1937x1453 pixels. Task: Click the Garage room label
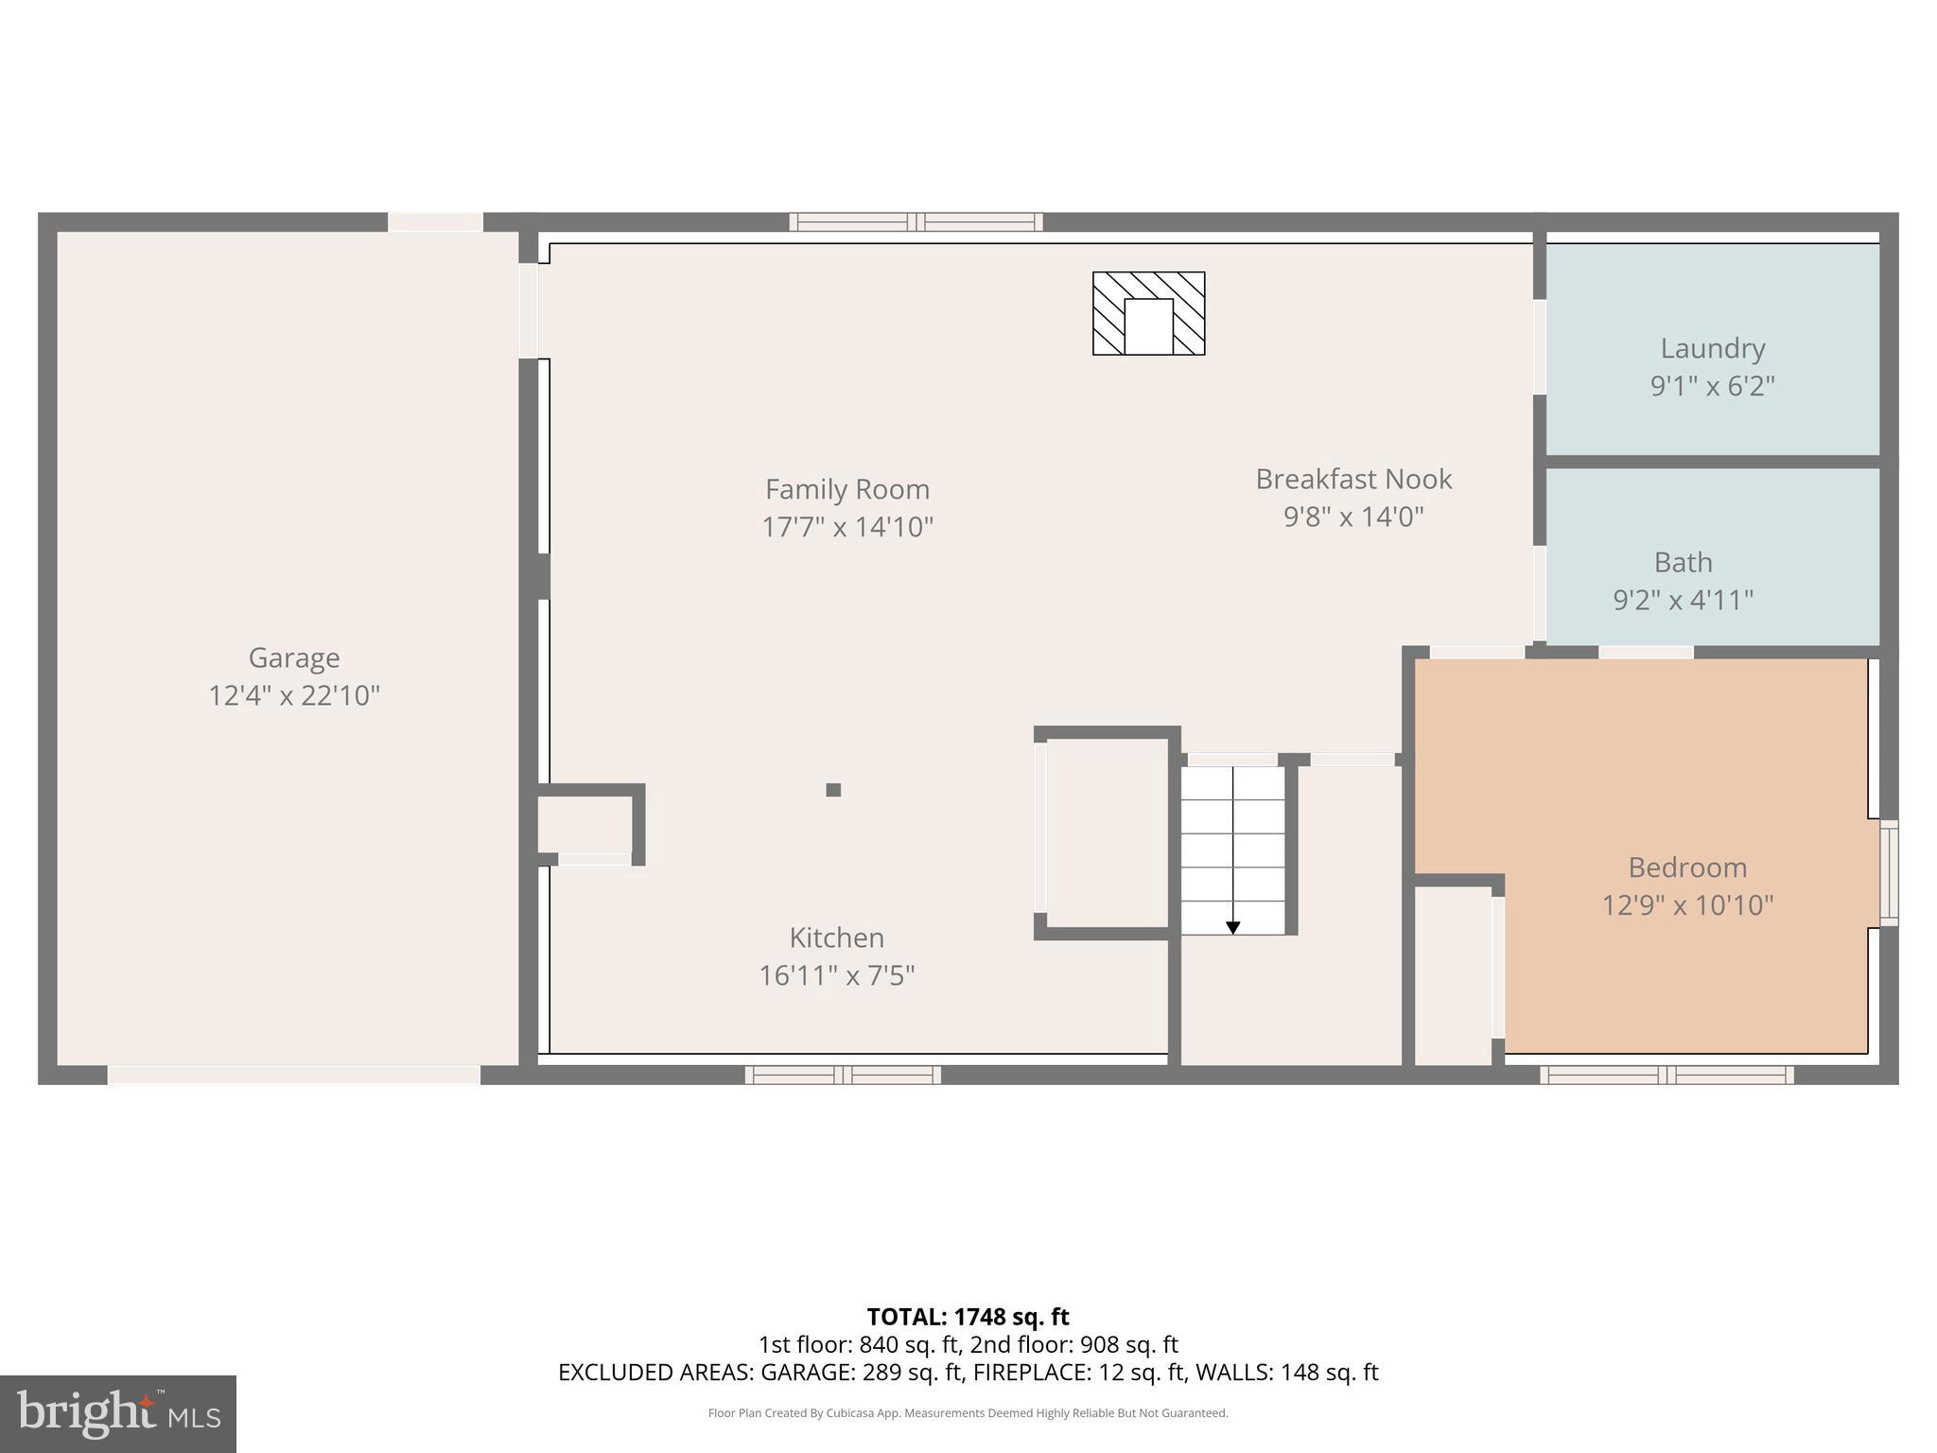(293, 657)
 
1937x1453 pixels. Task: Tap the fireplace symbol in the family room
(1148, 313)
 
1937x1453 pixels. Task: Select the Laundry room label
(1712, 348)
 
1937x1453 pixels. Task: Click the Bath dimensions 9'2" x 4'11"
(1683, 600)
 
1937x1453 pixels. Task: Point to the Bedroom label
(1686, 867)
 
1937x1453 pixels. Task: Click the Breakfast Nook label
(1352, 479)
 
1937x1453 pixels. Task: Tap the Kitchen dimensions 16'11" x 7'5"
(836, 975)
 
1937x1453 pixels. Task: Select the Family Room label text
(846, 489)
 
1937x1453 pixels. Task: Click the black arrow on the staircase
(1232, 927)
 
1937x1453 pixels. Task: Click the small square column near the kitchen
(833, 790)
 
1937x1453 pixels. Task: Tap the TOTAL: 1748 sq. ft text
(968, 1317)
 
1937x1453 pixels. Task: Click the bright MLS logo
(118, 1414)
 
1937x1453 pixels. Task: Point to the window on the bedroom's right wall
(1888, 872)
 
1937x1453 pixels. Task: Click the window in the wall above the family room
(916, 222)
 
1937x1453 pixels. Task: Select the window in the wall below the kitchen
(842, 1075)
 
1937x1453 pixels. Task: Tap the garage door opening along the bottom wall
(293, 1075)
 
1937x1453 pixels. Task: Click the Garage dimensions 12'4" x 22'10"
(293, 696)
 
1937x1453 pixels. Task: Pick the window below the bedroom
(1666, 1075)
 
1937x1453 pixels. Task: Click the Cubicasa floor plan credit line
(968, 1413)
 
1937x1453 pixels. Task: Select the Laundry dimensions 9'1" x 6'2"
(1712, 386)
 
